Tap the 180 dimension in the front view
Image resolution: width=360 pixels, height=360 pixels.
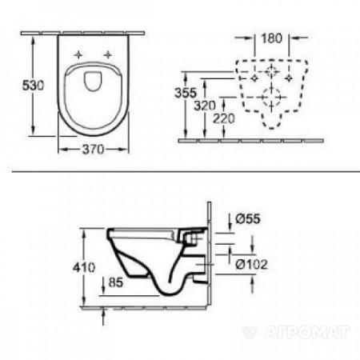pyautogui.click(x=274, y=37)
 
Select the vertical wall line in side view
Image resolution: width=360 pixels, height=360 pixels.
pyautogui.click(x=209, y=256)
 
